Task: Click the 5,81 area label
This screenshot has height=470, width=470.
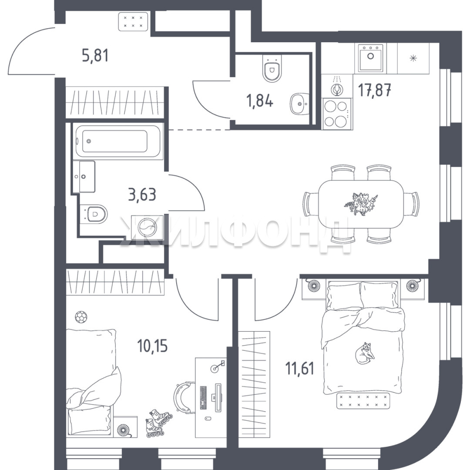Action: click(x=95, y=56)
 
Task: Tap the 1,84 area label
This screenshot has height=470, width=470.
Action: click(x=259, y=101)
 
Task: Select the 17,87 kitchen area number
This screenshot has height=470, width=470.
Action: click(x=375, y=90)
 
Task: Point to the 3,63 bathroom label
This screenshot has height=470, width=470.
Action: click(x=142, y=195)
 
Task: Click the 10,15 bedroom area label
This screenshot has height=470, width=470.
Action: click(x=152, y=346)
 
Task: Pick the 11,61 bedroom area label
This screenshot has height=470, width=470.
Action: click(x=300, y=369)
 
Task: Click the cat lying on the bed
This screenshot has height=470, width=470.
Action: click(x=365, y=353)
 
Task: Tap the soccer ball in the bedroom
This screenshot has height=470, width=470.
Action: click(x=81, y=317)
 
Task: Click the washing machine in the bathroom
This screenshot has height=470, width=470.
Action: click(x=147, y=227)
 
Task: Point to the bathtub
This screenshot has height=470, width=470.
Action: click(x=118, y=141)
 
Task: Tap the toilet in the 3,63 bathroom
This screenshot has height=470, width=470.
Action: click(x=94, y=213)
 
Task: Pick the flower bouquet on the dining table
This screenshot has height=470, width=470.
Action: click(x=361, y=204)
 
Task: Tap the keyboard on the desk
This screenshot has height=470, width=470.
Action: click(x=203, y=398)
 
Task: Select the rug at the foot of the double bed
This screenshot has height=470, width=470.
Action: click(x=363, y=400)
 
